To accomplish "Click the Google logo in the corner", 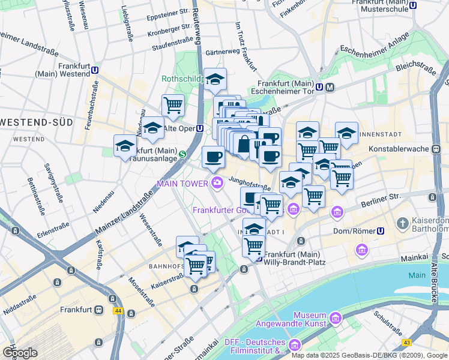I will click(x=19, y=352).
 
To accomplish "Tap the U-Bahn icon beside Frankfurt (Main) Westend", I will click(x=95, y=70).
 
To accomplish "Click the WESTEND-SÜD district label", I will click(x=37, y=122).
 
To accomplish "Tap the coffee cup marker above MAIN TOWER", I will click(x=213, y=158).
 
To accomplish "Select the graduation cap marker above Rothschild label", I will click(x=215, y=79).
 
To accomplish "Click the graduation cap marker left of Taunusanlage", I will click(x=125, y=146).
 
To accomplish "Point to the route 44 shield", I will click(x=117, y=311).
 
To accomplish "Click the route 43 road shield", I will click(x=407, y=343).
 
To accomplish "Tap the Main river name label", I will click(x=417, y=275).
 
